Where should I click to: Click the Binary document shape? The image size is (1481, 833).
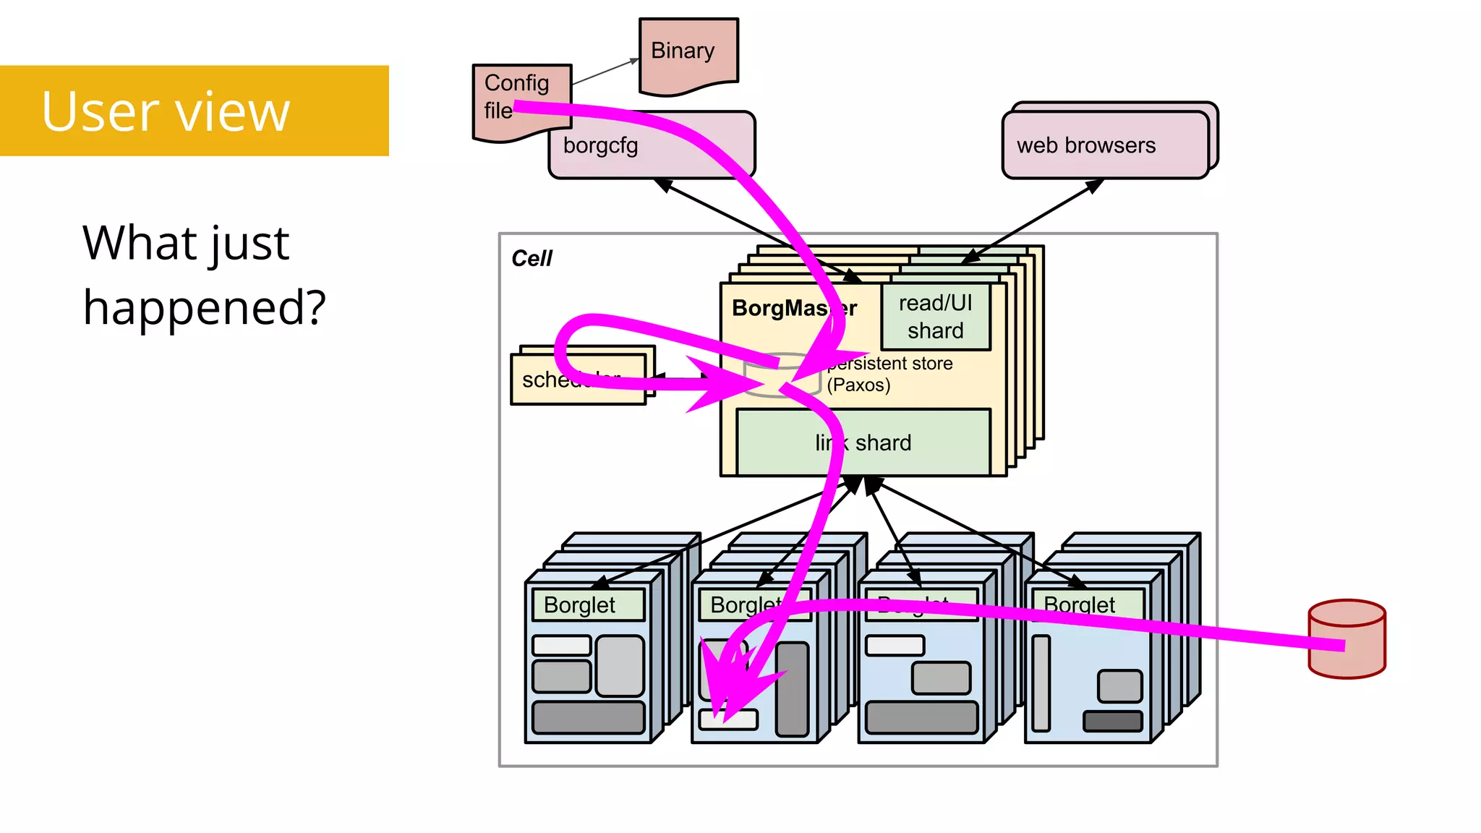688,55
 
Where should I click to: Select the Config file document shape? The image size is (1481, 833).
517,98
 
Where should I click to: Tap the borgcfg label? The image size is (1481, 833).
600,145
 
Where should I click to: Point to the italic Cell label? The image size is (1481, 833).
532,258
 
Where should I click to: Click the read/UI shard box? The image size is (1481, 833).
935,317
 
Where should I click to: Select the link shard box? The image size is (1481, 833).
863,443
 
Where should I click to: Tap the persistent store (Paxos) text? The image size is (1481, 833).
889,374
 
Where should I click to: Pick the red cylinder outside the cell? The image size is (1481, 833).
1346,639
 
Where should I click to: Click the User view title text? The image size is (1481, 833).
166,111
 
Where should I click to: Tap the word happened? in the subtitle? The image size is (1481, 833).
204,307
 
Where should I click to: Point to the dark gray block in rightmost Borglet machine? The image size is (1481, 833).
1112,721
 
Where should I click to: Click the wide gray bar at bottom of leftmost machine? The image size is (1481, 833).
588,717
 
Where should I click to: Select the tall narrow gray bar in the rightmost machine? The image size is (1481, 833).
1041,683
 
